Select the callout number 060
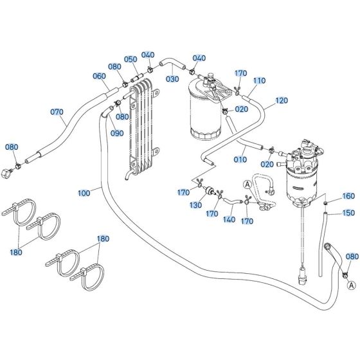(x=99, y=76)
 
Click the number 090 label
(x=116, y=133)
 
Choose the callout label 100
(x=84, y=192)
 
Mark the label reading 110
(x=258, y=81)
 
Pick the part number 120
(x=282, y=101)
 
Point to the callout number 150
(x=348, y=213)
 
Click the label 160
(x=348, y=196)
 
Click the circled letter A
(x=247, y=184)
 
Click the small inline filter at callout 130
(x=210, y=191)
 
